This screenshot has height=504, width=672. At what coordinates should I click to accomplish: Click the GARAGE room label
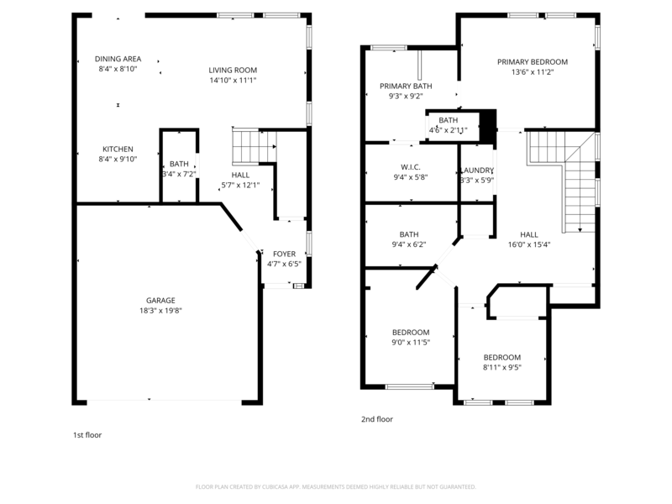(x=160, y=300)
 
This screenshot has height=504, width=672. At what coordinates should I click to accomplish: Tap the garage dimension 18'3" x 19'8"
(x=160, y=310)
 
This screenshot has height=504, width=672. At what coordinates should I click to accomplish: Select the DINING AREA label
(x=118, y=59)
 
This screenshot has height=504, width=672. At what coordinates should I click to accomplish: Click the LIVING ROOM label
(x=233, y=70)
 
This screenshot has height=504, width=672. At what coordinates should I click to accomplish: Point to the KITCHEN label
(x=118, y=148)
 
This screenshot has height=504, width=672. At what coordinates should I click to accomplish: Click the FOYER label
(x=284, y=253)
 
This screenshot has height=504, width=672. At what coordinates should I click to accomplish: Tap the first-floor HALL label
(x=240, y=175)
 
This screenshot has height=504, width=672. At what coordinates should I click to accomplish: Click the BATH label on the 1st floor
(x=179, y=164)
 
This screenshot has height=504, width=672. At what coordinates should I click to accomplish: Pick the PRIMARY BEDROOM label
(x=532, y=61)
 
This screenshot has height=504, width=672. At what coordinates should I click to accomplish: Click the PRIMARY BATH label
(x=406, y=86)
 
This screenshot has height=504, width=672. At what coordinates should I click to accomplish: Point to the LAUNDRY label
(x=477, y=170)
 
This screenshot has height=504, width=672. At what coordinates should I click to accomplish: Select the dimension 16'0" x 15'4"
(x=529, y=245)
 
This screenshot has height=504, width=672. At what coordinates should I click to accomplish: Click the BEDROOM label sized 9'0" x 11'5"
(x=411, y=332)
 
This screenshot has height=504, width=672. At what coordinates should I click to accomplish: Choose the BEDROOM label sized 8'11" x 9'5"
(x=501, y=357)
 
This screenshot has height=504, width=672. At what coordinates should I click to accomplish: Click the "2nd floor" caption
(x=376, y=418)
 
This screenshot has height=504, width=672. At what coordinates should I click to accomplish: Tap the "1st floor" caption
(x=87, y=435)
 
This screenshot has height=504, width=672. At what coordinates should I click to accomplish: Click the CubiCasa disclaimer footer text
(x=336, y=486)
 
